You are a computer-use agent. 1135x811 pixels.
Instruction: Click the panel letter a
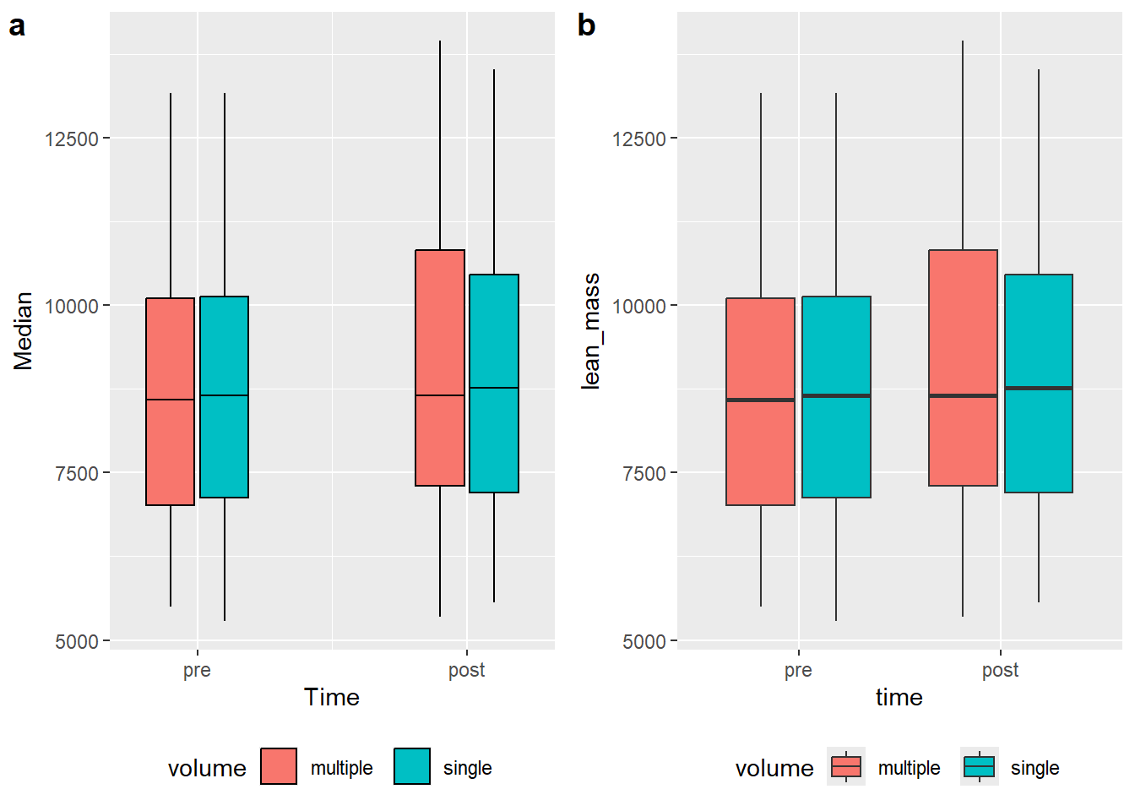[x=17, y=26]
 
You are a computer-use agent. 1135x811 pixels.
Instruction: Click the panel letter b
[x=586, y=26]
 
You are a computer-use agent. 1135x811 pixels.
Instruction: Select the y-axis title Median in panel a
[x=24, y=331]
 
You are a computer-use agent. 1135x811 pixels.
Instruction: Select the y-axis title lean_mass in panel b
[x=591, y=331]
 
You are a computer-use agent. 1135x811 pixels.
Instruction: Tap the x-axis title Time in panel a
[x=332, y=697]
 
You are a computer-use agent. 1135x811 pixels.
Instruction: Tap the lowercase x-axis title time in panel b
[x=899, y=697]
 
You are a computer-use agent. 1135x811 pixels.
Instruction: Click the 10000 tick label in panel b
[x=639, y=307]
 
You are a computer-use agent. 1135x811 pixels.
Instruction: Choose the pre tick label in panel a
[x=197, y=670]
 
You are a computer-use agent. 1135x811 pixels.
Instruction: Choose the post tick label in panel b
[x=1001, y=670]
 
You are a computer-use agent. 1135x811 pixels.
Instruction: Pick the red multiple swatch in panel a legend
[x=279, y=766]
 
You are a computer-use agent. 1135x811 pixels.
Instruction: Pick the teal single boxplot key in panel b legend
[x=980, y=766]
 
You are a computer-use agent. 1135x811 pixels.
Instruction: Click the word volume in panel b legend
[x=774, y=769]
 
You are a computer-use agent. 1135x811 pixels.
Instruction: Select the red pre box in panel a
[x=171, y=448]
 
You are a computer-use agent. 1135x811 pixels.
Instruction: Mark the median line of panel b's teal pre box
[x=836, y=395]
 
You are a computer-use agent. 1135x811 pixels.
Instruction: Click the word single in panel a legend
[x=468, y=769]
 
